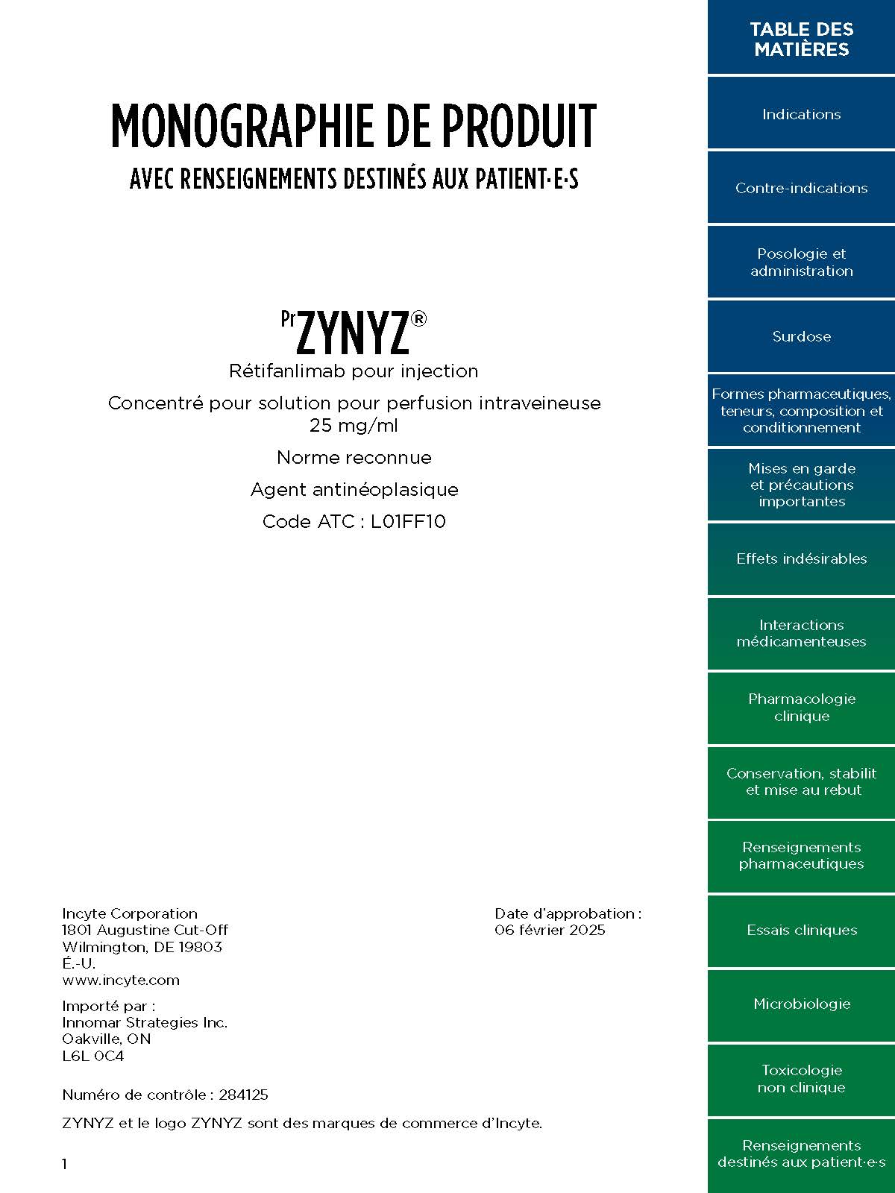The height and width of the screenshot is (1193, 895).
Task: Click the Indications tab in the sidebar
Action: pyautogui.click(x=801, y=114)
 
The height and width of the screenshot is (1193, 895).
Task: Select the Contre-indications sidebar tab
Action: pyautogui.click(x=801, y=188)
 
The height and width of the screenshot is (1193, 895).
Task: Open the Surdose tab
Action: pyautogui.click(x=801, y=336)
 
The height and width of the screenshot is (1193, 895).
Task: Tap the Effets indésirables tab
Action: pyautogui.click(x=801, y=558)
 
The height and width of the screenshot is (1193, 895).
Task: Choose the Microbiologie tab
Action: pyautogui.click(x=801, y=1004)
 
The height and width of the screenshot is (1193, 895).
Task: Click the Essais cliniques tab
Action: pyautogui.click(x=801, y=930)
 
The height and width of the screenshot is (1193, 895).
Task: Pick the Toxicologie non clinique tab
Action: pyautogui.click(x=801, y=1078)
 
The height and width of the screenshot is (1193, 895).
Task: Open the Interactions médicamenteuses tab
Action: pyautogui.click(x=801, y=633)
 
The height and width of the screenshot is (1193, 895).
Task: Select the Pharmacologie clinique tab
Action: pyautogui.click(x=801, y=707)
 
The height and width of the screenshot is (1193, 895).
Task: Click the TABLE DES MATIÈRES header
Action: pyautogui.click(x=801, y=39)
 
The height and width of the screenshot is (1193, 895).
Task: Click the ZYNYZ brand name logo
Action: pyautogui.click(x=354, y=333)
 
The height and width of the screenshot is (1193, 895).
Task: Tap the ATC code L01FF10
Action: pyautogui.click(x=408, y=521)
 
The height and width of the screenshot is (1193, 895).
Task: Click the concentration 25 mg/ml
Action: pyautogui.click(x=354, y=426)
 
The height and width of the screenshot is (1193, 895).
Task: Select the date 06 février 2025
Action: pyautogui.click(x=550, y=930)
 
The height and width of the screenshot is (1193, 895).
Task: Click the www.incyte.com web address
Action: pyautogui.click(x=121, y=980)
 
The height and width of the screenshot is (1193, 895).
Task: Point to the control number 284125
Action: pyautogui.click(x=243, y=1095)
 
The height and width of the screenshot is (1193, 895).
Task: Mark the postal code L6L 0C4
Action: pyautogui.click(x=93, y=1056)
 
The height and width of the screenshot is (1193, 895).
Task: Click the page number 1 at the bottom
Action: pyautogui.click(x=65, y=1164)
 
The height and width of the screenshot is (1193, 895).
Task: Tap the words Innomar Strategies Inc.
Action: pyautogui.click(x=145, y=1022)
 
